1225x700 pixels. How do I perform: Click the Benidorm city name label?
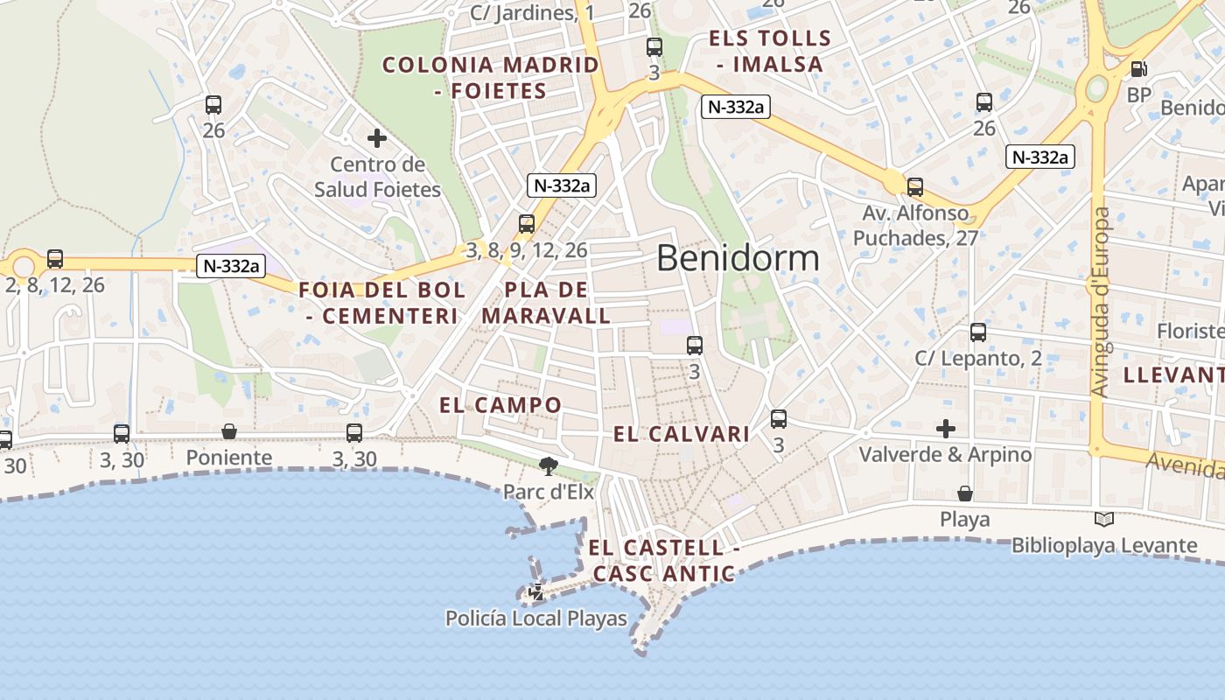pyautogui.click(x=738, y=258)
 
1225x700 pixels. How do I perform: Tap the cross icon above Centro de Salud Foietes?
pyautogui.click(x=377, y=138)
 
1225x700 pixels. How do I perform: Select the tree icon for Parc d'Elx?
pyautogui.click(x=549, y=466)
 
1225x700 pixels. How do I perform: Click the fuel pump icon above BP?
pyautogui.click(x=1138, y=68)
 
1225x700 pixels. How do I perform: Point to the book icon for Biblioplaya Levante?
pyautogui.click(x=1104, y=520)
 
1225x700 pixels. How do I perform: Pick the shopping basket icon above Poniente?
pyautogui.click(x=229, y=431)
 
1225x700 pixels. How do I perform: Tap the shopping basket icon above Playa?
pyautogui.click(x=964, y=493)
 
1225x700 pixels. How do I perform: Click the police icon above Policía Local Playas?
pyautogui.click(x=536, y=592)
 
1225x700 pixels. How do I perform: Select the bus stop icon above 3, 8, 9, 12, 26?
pyautogui.click(x=526, y=224)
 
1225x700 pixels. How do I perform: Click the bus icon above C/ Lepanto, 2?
pyautogui.click(x=978, y=332)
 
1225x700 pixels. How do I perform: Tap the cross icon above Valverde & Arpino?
pyautogui.click(x=945, y=429)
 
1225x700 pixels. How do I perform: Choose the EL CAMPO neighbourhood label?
pyautogui.click(x=500, y=405)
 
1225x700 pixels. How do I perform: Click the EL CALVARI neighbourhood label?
pyautogui.click(x=682, y=434)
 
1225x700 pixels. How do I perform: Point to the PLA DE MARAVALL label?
pyautogui.click(x=546, y=303)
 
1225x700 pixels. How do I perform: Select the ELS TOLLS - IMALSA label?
pyautogui.click(x=770, y=51)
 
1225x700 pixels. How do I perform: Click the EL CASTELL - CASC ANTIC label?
pyautogui.click(x=663, y=561)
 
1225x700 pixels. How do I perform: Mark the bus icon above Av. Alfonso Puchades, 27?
pyautogui.click(x=914, y=187)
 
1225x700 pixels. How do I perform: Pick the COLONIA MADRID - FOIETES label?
pyautogui.click(x=490, y=77)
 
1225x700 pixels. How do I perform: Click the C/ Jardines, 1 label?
pyautogui.click(x=532, y=13)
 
